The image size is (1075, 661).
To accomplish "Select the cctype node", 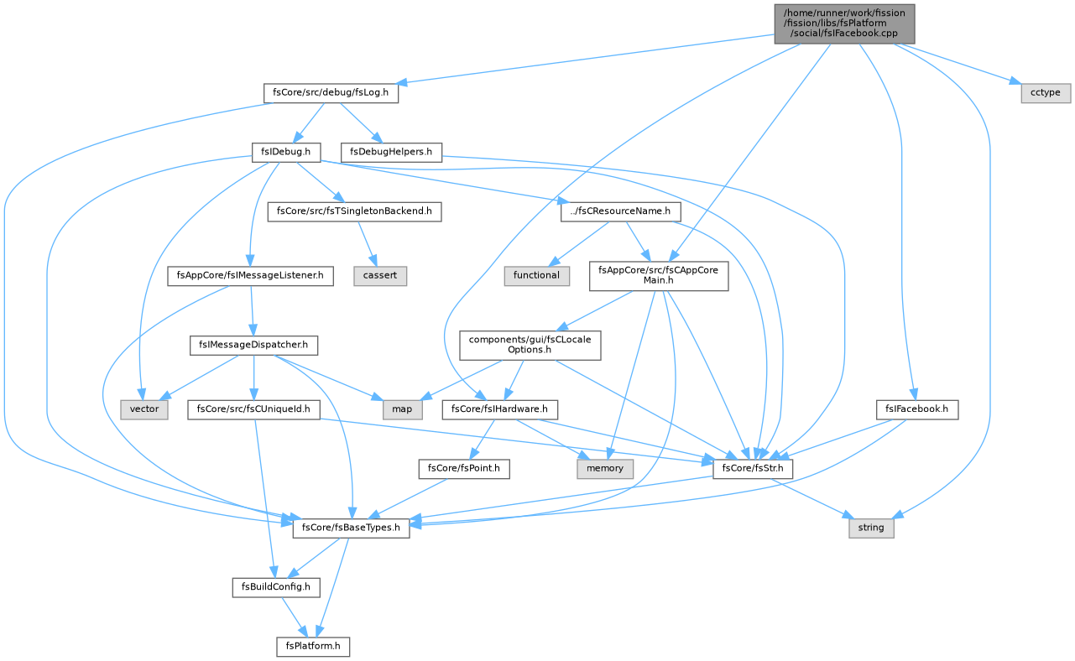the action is coord(1046,92).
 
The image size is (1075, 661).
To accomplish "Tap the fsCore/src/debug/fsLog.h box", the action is coord(331,92).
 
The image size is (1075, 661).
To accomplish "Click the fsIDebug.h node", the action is coord(286,152).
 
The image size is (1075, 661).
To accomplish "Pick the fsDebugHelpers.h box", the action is coord(391,152).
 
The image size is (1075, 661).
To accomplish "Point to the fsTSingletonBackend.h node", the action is coord(354,211).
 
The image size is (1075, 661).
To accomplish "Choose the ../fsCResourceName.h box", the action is coord(620,211).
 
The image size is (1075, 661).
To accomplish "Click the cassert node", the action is coord(380,276).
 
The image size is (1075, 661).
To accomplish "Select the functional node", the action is coord(536,276).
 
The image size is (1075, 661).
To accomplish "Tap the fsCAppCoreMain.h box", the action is coord(659,276).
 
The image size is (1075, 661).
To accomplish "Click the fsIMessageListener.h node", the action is coord(250,276).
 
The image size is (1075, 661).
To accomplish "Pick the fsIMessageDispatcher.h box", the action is coord(253,346).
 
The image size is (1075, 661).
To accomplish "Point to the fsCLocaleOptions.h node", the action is coord(530,346).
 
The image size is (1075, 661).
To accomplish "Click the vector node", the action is coord(144,409).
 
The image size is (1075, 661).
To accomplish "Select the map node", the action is coord(402,409).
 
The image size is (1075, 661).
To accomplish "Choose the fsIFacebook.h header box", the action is coord(916,409).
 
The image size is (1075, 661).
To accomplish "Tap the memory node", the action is coord(605,469).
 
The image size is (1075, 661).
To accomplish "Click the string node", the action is coord(871,528).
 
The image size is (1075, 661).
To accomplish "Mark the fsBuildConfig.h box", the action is coord(276,588).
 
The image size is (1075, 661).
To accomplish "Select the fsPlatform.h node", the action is coord(313,647).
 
